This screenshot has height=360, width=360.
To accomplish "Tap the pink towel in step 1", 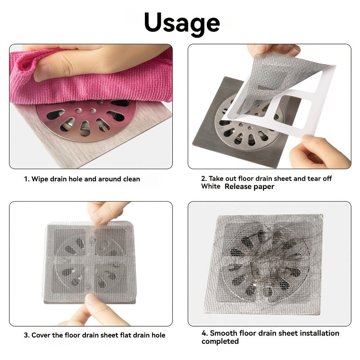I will (90, 83).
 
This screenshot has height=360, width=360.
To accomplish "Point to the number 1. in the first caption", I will (27, 179).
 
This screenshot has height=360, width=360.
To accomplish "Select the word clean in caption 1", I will (129, 179).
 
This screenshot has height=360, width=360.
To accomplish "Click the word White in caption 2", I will (211, 186).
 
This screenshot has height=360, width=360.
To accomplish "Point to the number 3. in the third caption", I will (27, 335).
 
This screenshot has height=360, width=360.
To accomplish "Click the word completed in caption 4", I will (220, 342).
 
